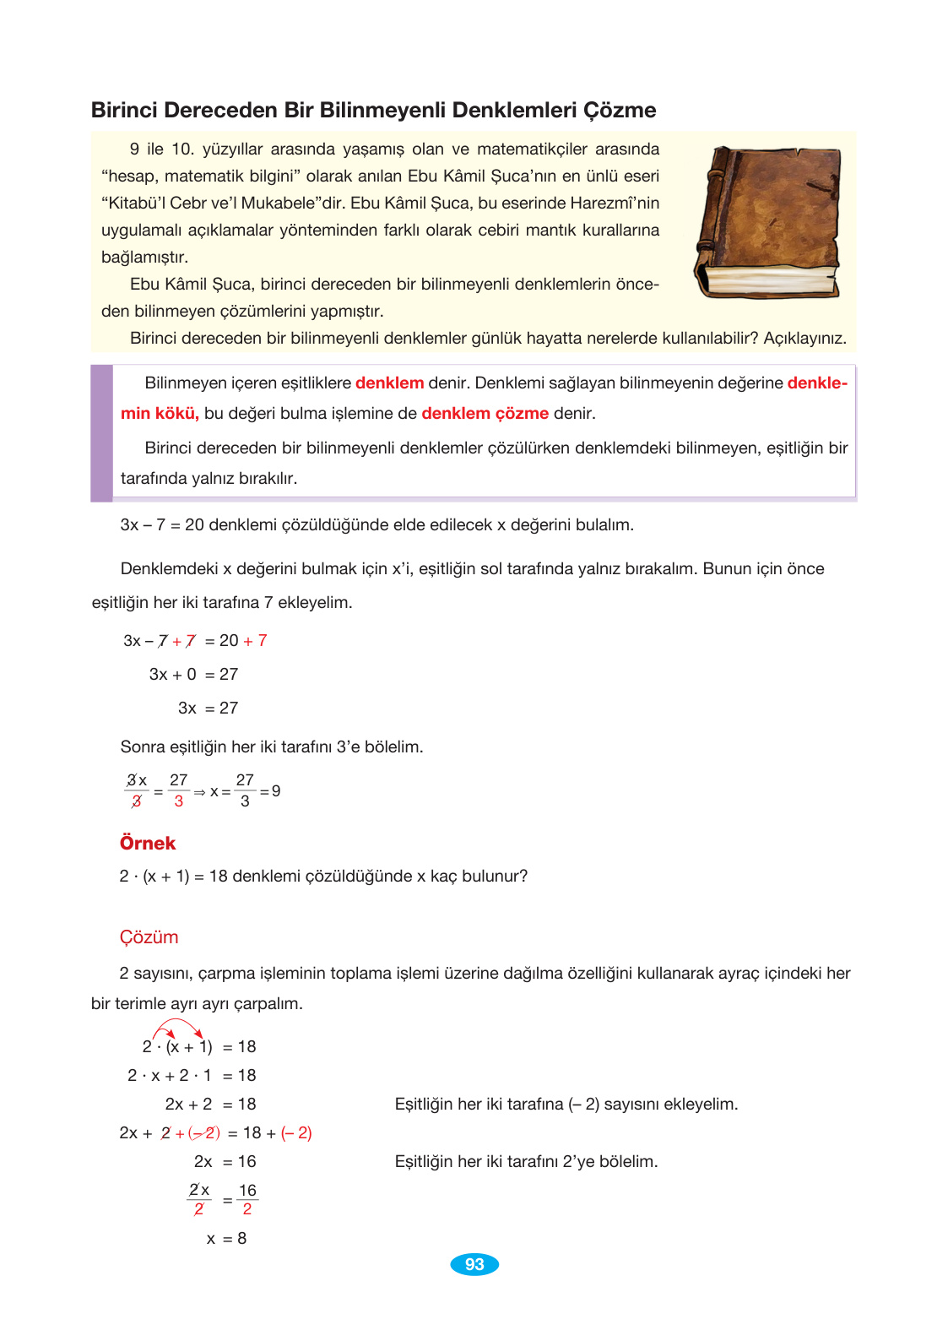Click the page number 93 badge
point(474,1264)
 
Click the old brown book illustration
point(768,222)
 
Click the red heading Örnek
point(148,843)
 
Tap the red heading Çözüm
point(149,937)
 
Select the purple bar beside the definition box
point(101,432)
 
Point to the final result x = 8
point(226,1238)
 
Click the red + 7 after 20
point(255,641)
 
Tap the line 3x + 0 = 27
point(193,674)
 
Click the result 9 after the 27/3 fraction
point(276,791)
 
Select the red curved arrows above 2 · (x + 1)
point(178,1029)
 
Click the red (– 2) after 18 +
point(296,1133)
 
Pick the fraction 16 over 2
point(247,1199)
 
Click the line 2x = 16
point(225,1162)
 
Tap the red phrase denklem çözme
point(485,413)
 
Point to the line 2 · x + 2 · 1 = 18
point(192,1075)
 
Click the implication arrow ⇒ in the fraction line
point(199,792)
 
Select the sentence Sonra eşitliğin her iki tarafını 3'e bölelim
point(272,747)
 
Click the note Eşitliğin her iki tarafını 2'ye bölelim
point(526,1162)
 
